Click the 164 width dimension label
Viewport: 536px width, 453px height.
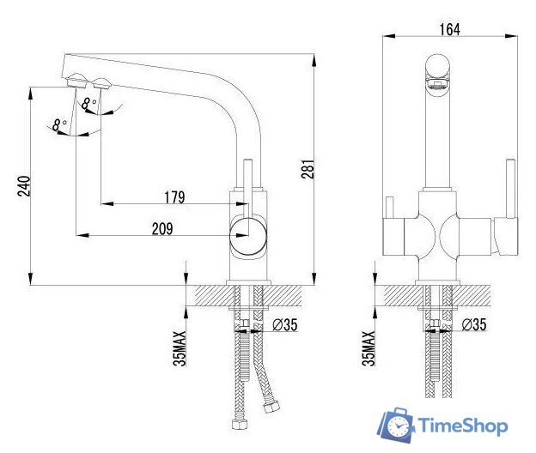[x=449, y=29]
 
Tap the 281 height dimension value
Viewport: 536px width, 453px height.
[x=308, y=169]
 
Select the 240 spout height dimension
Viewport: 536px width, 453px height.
[x=24, y=186]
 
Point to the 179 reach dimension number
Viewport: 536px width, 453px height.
[x=174, y=197]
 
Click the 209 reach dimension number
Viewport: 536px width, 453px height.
[x=162, y=228]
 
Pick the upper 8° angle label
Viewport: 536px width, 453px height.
[x=88, y=103]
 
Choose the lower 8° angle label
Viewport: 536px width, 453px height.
[x=59, y=124]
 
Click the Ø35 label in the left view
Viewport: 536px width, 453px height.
[x=285, y=324]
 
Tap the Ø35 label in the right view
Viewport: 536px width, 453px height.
[x=474, y=324]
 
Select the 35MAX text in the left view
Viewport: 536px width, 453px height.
[x=180, y=348]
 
